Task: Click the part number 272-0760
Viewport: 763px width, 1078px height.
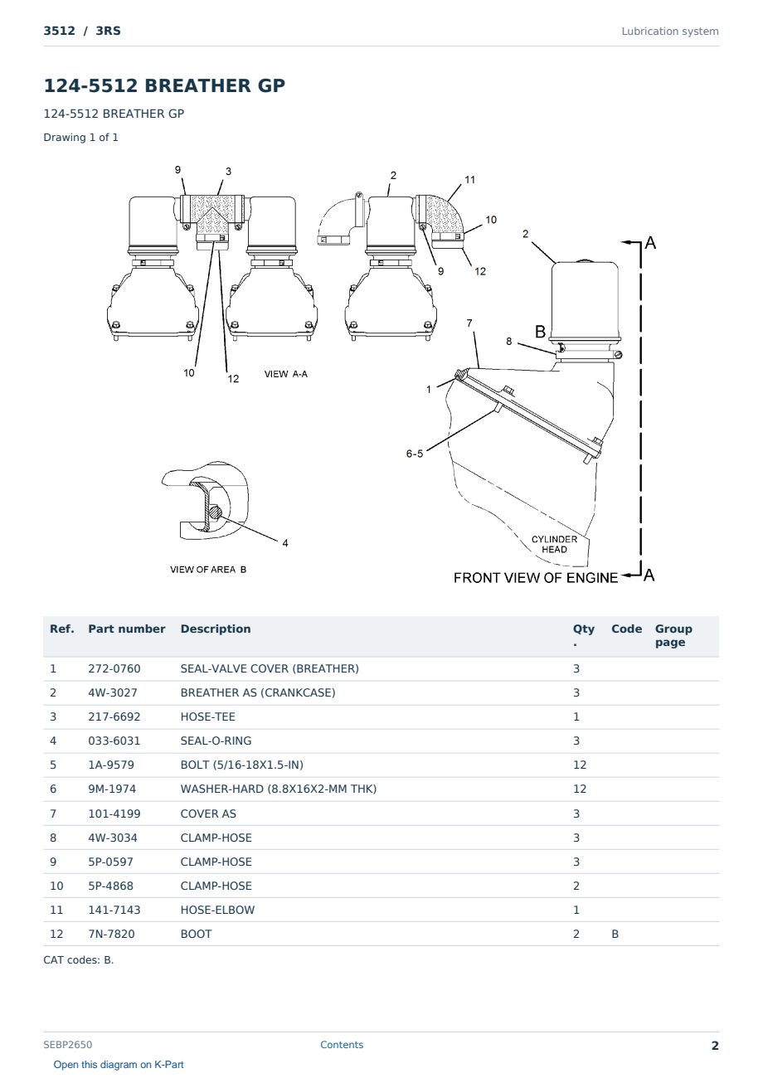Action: tap(114, 668)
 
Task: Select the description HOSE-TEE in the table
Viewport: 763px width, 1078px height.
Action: tap(207, 716)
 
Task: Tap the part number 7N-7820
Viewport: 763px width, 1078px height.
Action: tap(111, 934)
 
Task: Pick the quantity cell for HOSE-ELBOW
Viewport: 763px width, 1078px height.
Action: tap(576, 910)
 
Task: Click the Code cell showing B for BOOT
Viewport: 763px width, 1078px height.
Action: tap(615, 934)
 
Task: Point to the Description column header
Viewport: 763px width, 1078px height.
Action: tap(216, 629)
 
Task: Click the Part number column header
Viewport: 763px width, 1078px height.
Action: tap(127, 629)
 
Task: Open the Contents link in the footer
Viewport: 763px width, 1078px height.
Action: tap(342, 1044)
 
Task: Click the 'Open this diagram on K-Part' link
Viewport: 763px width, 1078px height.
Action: tap(119, 1064)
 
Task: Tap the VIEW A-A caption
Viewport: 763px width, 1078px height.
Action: tap(286, 374)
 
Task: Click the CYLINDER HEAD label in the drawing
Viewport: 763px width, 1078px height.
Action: tap(554, 544)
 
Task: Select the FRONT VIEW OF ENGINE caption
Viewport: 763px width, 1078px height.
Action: tap(535, 577)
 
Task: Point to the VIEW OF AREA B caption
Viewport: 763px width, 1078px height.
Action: tap(208, 570)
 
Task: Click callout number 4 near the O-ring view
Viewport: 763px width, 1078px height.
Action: tap(285, 543)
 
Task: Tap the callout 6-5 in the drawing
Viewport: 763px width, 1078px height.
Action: tap(415, 454)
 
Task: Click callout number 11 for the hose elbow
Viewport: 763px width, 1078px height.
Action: tap(470, 179)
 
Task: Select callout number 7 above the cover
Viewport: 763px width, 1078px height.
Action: tap(469, 323)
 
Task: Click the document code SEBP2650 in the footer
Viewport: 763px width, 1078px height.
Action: tap(68, 1044)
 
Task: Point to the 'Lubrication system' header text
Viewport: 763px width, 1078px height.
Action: tap(670, 32)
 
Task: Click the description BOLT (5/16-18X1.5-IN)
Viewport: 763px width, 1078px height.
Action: tap(241, 765)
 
